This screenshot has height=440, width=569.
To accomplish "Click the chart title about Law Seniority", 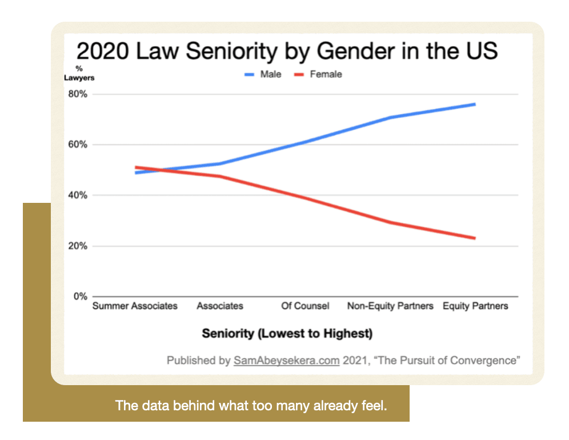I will click(287, 51).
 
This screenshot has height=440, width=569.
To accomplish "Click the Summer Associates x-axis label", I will click(135, 306).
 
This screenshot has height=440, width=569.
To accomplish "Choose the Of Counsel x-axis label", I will click(305, 306).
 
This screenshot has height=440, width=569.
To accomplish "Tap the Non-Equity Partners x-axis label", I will click(390, 306).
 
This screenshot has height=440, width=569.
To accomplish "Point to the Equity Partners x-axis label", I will click(475, 306).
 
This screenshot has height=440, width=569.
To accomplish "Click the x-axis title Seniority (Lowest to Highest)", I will click(287, 333).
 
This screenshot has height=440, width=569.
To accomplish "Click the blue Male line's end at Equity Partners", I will click(475, 104).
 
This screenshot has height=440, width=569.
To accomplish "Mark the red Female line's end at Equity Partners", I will click(475, 238).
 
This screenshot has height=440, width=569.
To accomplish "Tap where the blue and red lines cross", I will click(158, 170).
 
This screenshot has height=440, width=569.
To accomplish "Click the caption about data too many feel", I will click(251, 406).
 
